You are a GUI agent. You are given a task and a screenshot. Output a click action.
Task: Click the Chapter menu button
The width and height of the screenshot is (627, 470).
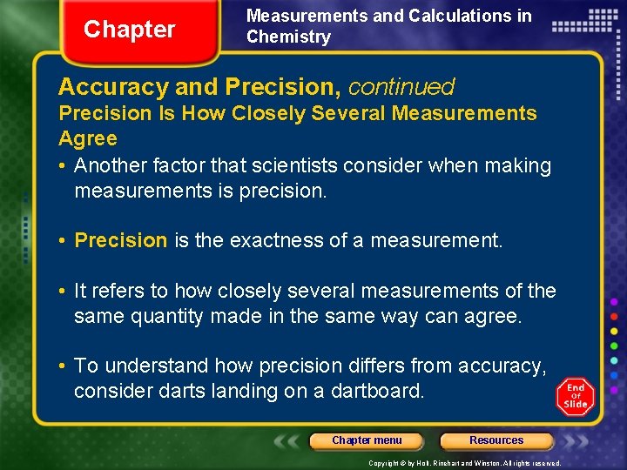367,440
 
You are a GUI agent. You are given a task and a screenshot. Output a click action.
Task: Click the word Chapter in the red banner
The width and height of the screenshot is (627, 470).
129,30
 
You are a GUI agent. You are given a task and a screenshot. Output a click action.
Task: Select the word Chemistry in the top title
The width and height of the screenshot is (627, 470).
288,37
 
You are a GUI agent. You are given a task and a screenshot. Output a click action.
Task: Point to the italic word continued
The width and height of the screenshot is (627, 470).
401,87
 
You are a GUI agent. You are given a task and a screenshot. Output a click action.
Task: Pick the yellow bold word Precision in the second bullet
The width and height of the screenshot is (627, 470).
121,240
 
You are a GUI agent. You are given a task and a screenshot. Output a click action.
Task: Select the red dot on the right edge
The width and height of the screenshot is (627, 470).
614,315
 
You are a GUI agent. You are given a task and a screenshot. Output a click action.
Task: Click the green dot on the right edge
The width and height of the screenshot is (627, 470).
614,345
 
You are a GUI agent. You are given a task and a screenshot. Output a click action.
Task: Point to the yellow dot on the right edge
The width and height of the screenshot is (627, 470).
614,330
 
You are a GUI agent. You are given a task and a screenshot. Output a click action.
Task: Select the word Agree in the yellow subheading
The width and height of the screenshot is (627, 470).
87,138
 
